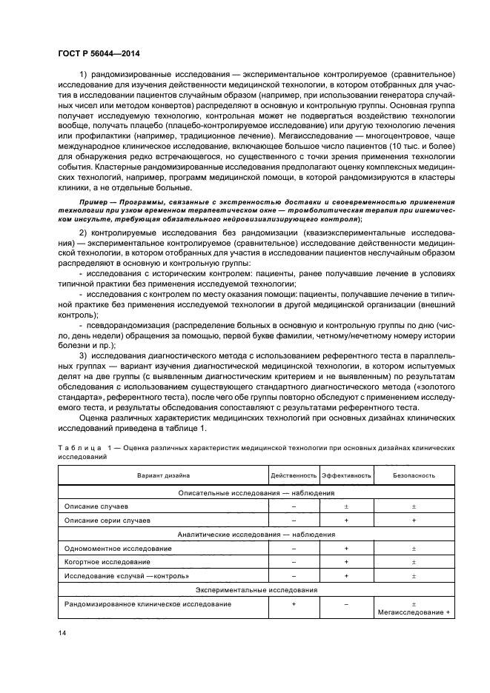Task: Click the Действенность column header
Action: [294, 475]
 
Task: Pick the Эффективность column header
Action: [346, 475]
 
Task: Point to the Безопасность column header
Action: [414, 475]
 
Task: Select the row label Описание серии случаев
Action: [108, 520]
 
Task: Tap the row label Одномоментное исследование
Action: [119, 549]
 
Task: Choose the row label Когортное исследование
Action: [107, 562]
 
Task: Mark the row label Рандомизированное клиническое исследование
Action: [148, 604]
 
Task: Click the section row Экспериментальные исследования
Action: [256, 590]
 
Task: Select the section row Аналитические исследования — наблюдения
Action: [256, 535]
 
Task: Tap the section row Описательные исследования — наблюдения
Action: [256, 492]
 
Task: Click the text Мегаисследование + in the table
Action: [414, 612]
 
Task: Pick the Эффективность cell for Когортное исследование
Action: [346, 562]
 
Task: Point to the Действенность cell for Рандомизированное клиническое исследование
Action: [294, 604]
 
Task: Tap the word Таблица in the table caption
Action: [79, 449]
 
